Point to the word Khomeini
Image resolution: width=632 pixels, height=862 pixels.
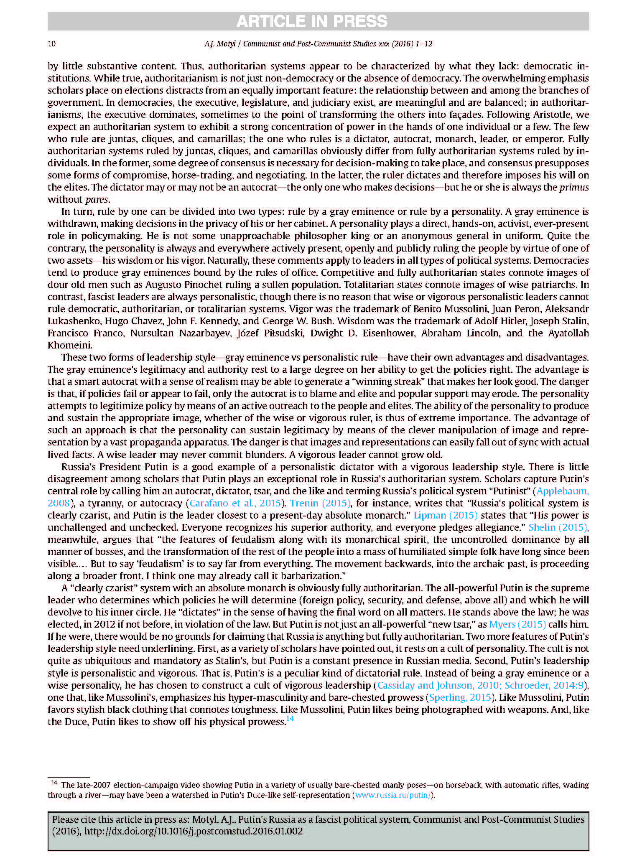69,346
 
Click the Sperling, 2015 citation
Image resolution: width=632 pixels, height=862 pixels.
459,697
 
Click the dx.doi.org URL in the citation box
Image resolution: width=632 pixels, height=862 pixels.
193,831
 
